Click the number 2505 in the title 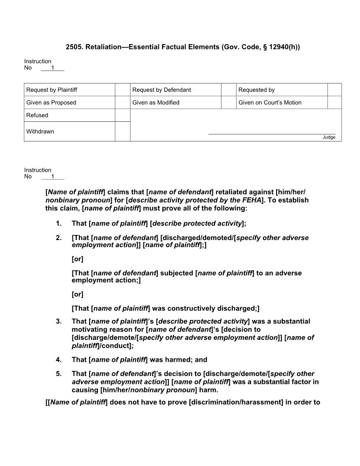point(74,47)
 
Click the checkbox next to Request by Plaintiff point(122,90)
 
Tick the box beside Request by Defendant point(228,90)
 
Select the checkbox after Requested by point(334,90)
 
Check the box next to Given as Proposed point(122,102)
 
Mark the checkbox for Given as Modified point(228,102)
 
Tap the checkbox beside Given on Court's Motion point(334,102)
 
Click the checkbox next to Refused point(122,115)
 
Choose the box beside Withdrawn point(122,132)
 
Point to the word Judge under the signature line point(329,137)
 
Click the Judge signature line point(271,133)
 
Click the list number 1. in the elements point(59,223)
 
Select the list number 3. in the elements point(59,321)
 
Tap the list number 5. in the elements point(59,374)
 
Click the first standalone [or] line point(77,259)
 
